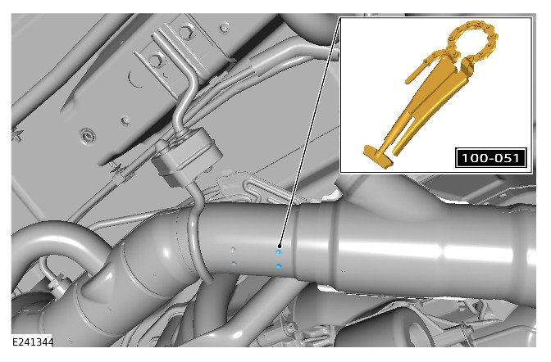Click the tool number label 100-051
(x=490, y=158)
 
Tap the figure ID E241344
(x=33, y=342)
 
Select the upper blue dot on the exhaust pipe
(x=278, y=252)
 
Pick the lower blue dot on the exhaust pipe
(x=279, y=267)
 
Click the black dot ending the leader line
(x=280, y=246)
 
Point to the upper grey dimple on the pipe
(x=232, y=250)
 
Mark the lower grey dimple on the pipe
(x=234, y=263)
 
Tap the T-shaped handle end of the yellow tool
(x=378, y=156)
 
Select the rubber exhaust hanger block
(x=186, y=157)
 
